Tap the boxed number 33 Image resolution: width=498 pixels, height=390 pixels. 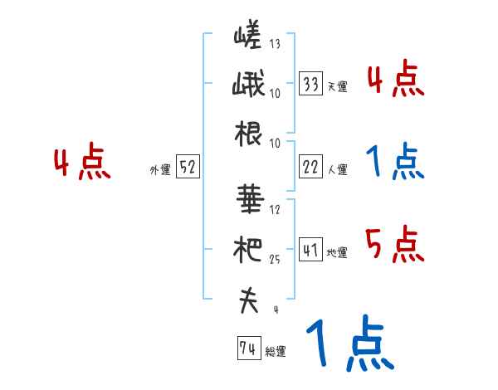click(311, 84)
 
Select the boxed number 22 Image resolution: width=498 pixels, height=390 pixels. click(311, 167)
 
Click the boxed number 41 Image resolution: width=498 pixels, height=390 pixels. click(311, 249)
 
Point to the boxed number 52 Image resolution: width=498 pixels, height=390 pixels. click(188, 168)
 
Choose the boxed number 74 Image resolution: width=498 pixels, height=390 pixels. click(247, 349)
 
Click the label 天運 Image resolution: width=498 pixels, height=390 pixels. click(337, 86)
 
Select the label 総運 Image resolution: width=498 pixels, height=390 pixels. click(276, 351)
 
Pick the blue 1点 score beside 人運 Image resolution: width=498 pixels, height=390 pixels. click(394, 163)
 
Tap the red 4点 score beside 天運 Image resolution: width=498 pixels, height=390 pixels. click(394, 80)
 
